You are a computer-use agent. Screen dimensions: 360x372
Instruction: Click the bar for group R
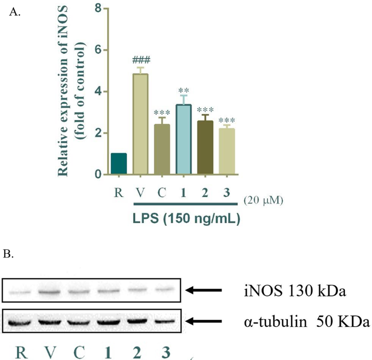coord(119,164)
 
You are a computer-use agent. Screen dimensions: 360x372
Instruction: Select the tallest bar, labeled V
coord(141,124)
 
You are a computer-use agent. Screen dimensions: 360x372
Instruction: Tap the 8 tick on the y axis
coord(98,9)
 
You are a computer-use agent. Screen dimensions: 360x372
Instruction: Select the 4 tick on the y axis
coord(98,92)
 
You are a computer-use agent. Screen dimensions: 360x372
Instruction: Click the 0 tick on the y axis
coord(98,175)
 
